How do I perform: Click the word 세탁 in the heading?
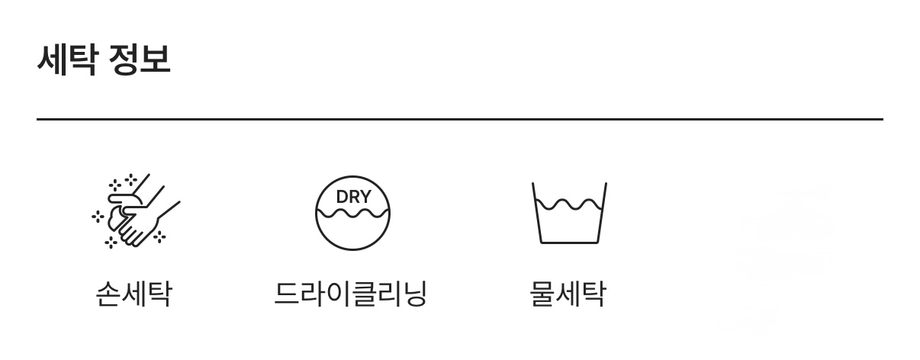coord(66,59)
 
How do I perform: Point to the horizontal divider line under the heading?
coord(459,119)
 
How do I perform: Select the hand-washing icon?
coord(136,211)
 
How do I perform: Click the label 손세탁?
coord(133,293)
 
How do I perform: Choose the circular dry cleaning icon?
coord(352,213)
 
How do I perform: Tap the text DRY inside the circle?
coord(353,196)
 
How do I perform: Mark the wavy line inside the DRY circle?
coord(352,213)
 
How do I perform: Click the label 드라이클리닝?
coord(350,293)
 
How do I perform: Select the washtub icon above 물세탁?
coord(569,213)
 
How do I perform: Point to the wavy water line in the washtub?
coord(569,204)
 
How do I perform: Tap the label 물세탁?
coord(568,293)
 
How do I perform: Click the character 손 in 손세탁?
coord(108,293)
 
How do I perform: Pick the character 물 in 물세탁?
coord(542,293)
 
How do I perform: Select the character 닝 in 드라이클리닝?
coord(413,293)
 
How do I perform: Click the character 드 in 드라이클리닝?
coord(288,293)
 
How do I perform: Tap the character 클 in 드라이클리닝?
coord(364,293)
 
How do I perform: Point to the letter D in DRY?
coord(342,196)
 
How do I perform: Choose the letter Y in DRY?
coord(365,196)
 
